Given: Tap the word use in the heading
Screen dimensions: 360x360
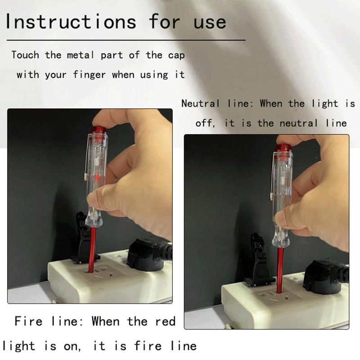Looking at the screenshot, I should click(210, 22).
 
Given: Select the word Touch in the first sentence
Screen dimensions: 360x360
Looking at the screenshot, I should click(25, 55).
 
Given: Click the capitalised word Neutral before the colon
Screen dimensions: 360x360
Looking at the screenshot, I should click(201, 103).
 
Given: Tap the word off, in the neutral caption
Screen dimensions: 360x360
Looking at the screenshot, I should click(206, 123).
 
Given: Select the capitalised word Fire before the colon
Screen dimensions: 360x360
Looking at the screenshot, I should click(29, 321).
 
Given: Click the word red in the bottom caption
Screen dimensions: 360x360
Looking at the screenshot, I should click(165, 321).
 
